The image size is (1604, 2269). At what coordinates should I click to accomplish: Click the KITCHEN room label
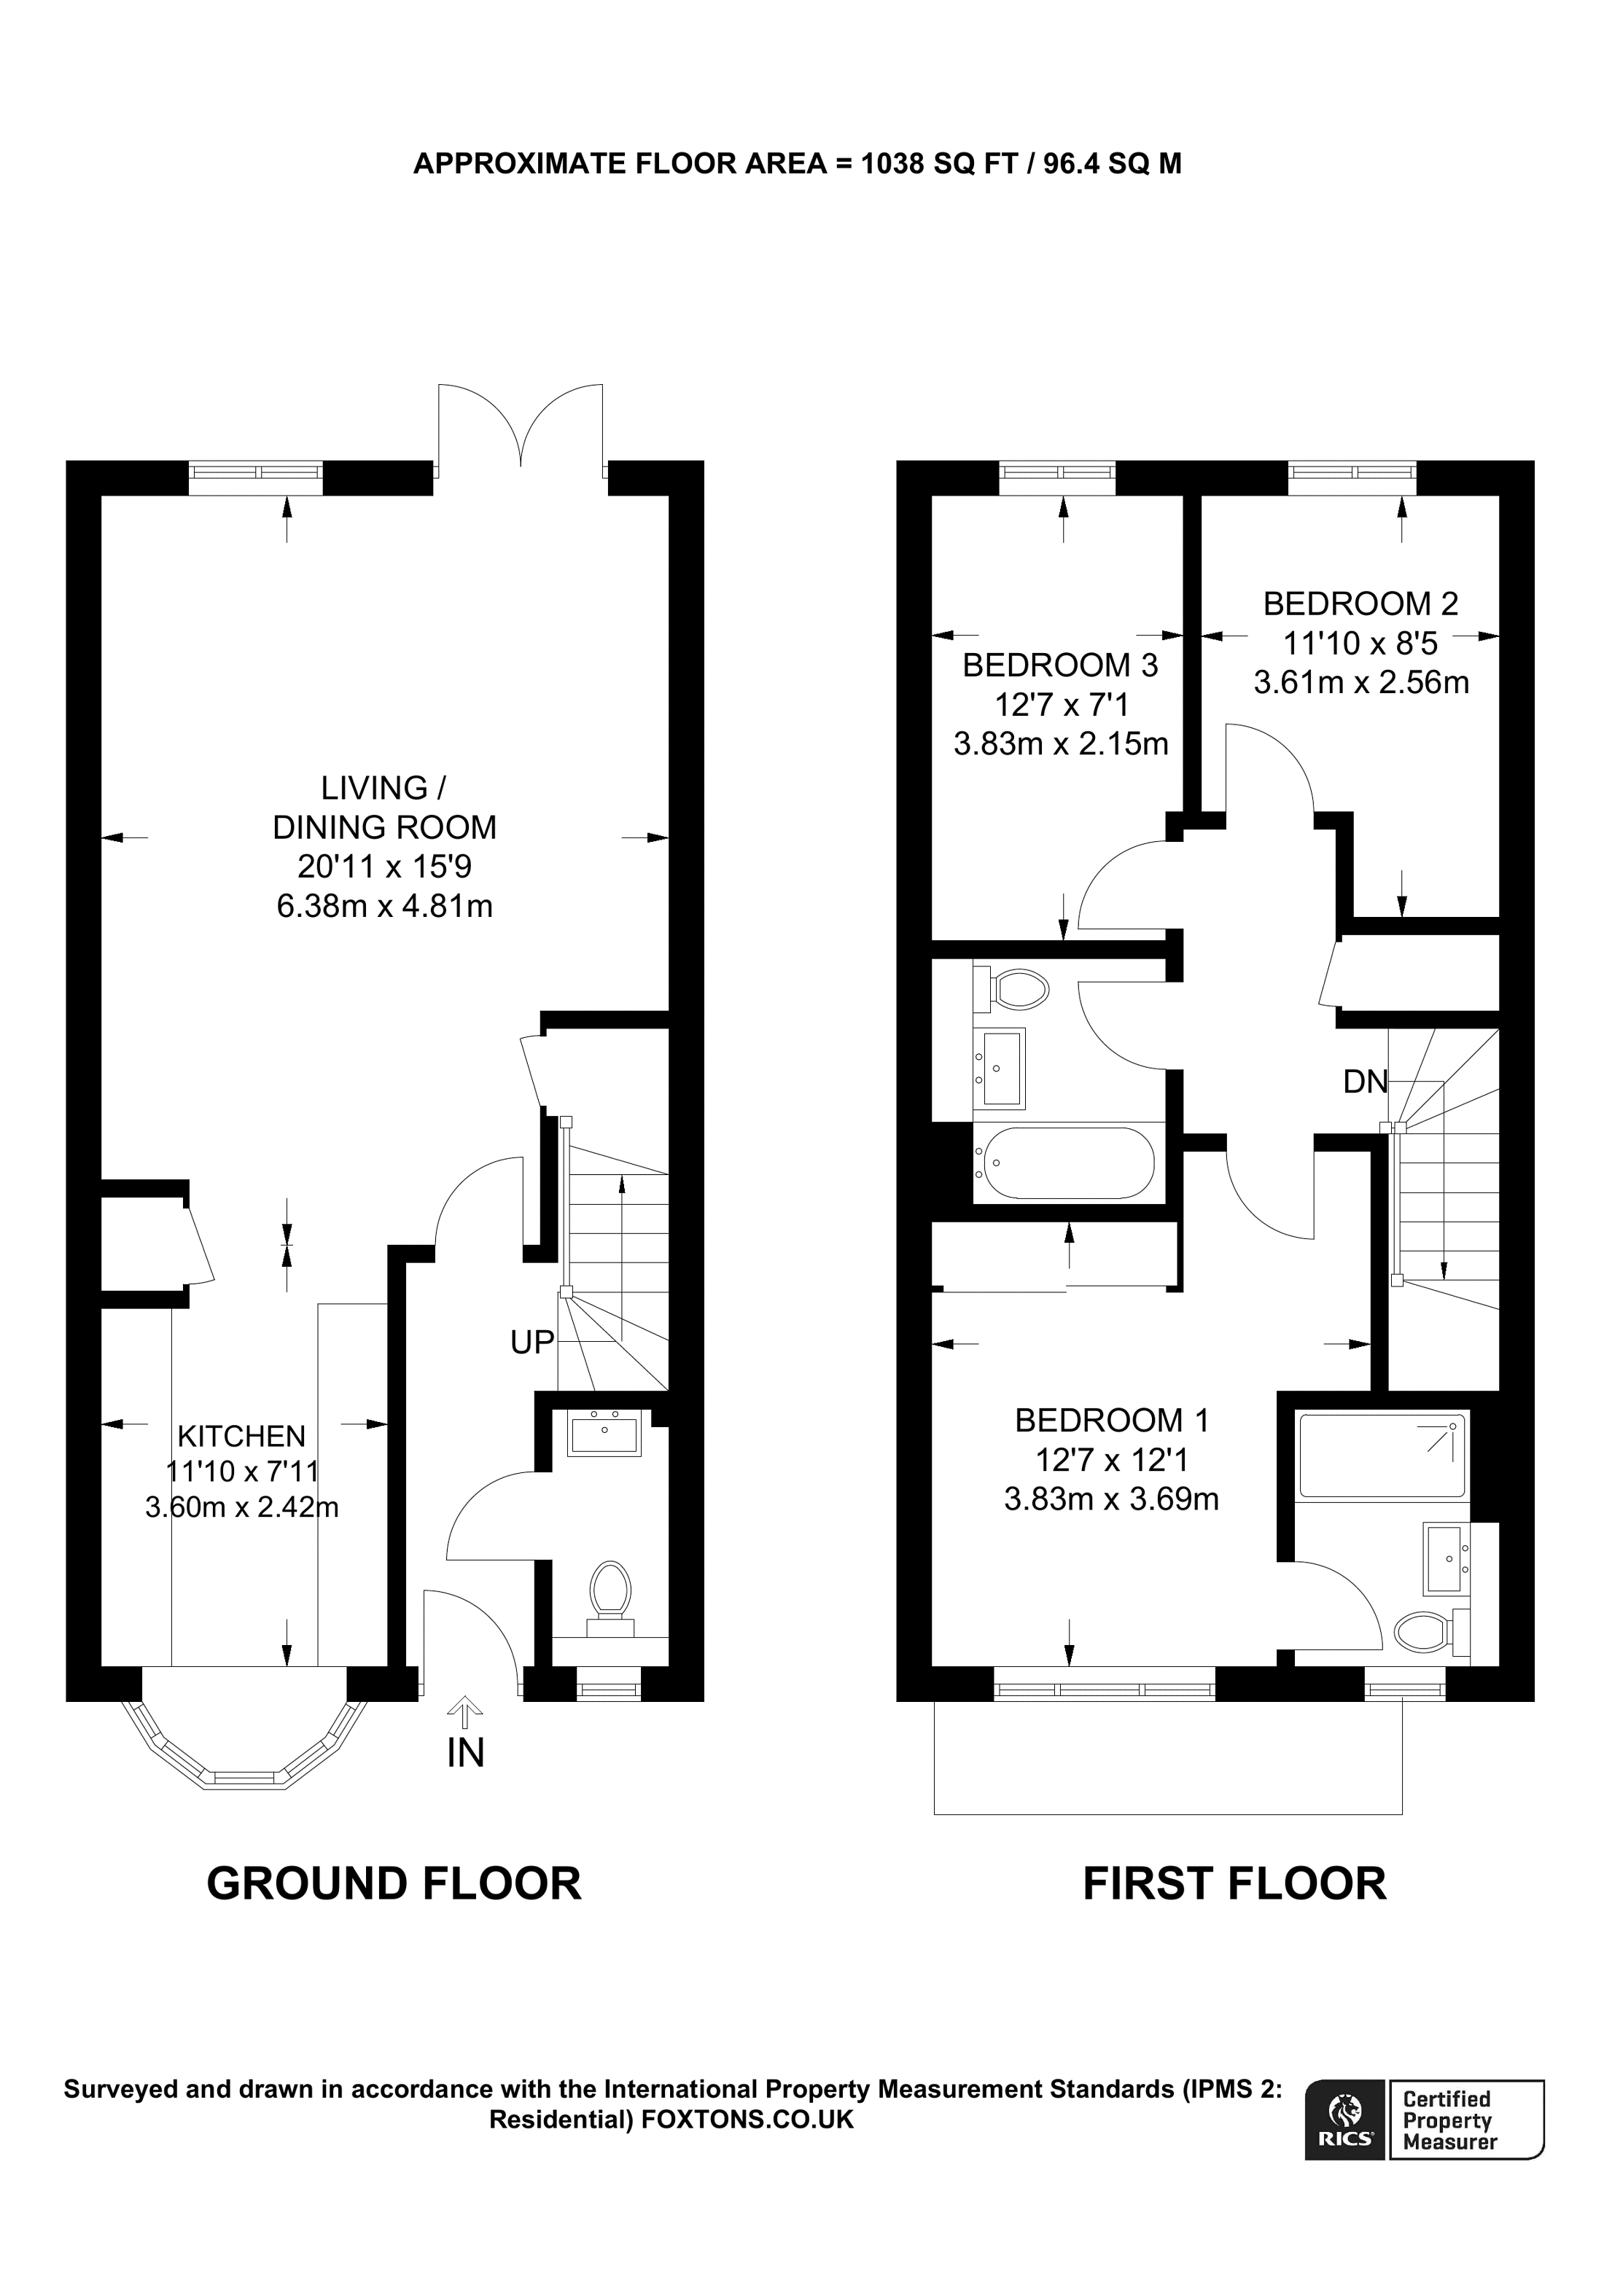(x=241, y=1435)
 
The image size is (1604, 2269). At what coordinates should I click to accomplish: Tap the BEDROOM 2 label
(x=1361, y=603)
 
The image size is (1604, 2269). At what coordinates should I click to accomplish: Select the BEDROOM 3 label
(x=1060, y=665)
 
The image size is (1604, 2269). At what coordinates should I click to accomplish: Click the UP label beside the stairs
(x=532, y=1341)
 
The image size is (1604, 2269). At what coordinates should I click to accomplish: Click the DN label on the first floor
(x=1365, y=1082)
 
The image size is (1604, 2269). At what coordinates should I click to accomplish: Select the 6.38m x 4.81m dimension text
(x=384, y=906)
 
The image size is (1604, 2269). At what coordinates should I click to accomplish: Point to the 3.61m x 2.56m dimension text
(x=1361, y=683)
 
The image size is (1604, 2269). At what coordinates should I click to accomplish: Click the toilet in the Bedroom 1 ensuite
(x=1431, y=1631)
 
